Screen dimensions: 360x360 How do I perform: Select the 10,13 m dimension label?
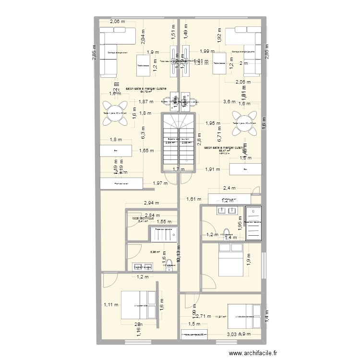[x=179, y=263]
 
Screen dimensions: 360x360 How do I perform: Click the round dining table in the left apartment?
[x=115, y=113]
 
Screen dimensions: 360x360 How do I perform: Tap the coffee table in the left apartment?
[x=143, y=65]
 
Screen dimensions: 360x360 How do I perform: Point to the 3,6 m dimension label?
[x=230, y=102]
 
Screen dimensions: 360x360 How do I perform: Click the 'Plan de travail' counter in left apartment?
[x=121, y=183]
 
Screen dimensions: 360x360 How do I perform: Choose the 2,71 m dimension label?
[x=205, y=316]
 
